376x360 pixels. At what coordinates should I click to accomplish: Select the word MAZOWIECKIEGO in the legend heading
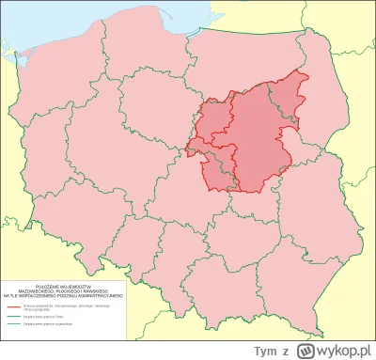pyautogui.click(x=47, y=289)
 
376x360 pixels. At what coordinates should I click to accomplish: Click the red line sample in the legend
pyautogui.click(x=14, y=305)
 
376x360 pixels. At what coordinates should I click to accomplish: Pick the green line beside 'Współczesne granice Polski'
pyautogui.click(x=14, y=315)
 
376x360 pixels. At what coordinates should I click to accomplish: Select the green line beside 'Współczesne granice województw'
pyautogui.click(x=14, y=324)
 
